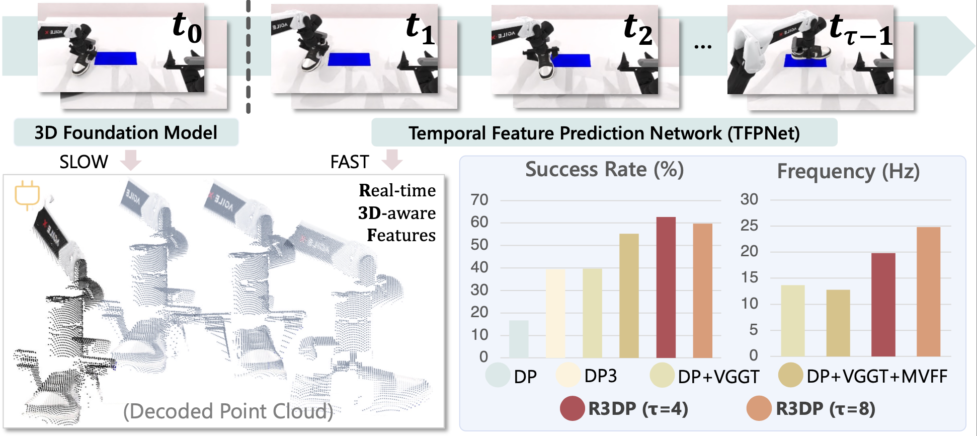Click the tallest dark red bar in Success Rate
click(x=666, y=287)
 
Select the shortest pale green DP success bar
click(x=519, y=339)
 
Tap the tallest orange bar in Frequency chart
click(x=928, y=292)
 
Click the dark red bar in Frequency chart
click(x=883, y=305)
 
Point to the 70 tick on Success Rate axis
click(x=479, y=200)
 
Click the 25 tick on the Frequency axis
click(x=749, y=226)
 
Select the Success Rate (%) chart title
click(x=605, y=170)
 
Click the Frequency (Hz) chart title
click(x=848, y=172)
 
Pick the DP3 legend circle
click(x=568, y=375)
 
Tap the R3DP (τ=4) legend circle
click(x=573, y=408)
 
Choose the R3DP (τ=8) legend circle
click(x=759, y=408)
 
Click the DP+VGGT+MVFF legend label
click(x=877, y=376)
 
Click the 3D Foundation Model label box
click(x=126, y=132)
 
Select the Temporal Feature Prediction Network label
click(x=604, y=133)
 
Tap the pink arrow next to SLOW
click(x=131, y=160)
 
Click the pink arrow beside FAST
click(x=392, y=160)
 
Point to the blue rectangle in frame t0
click(x=116, y=58)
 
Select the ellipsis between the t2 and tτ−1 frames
click(x=703, y=47)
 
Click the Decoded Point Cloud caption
click(x=228, y=411)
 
